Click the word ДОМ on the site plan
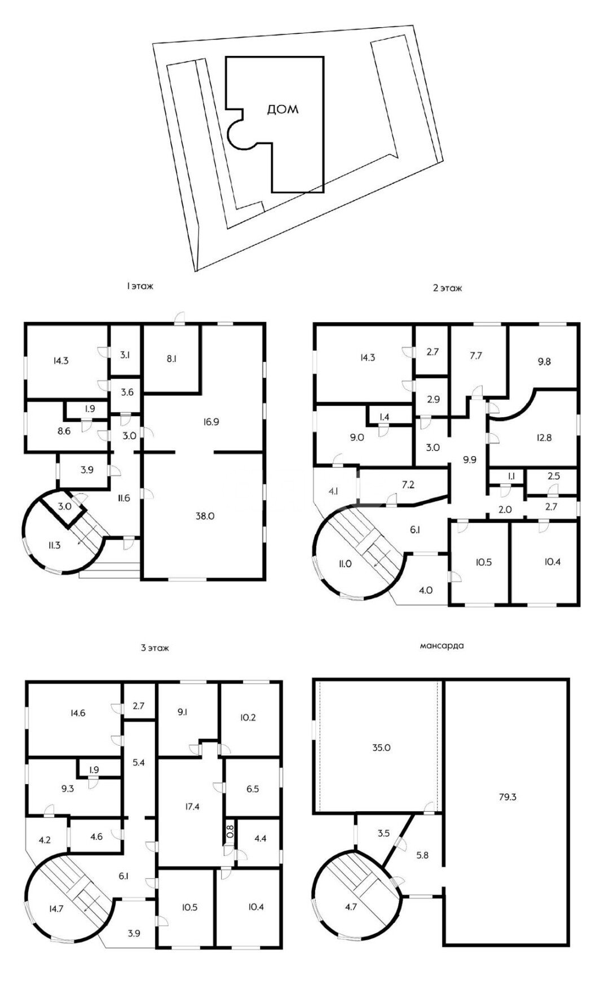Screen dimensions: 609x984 pyautogui.click(x=283, y=110)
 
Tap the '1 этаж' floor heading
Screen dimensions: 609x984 pyautogui.click(x=140, y=287)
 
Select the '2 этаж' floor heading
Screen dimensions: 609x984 pyautogui.click(x=447, y=288)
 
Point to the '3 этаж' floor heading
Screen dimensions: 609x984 pyautogui.click(x=155, y=648)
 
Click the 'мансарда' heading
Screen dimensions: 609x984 pyautogui.click(x=443, y=645)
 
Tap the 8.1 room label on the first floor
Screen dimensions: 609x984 pyautogui.click(x=172, y=358)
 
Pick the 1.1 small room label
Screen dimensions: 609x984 pyautogui.click(x=511, y=476)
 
